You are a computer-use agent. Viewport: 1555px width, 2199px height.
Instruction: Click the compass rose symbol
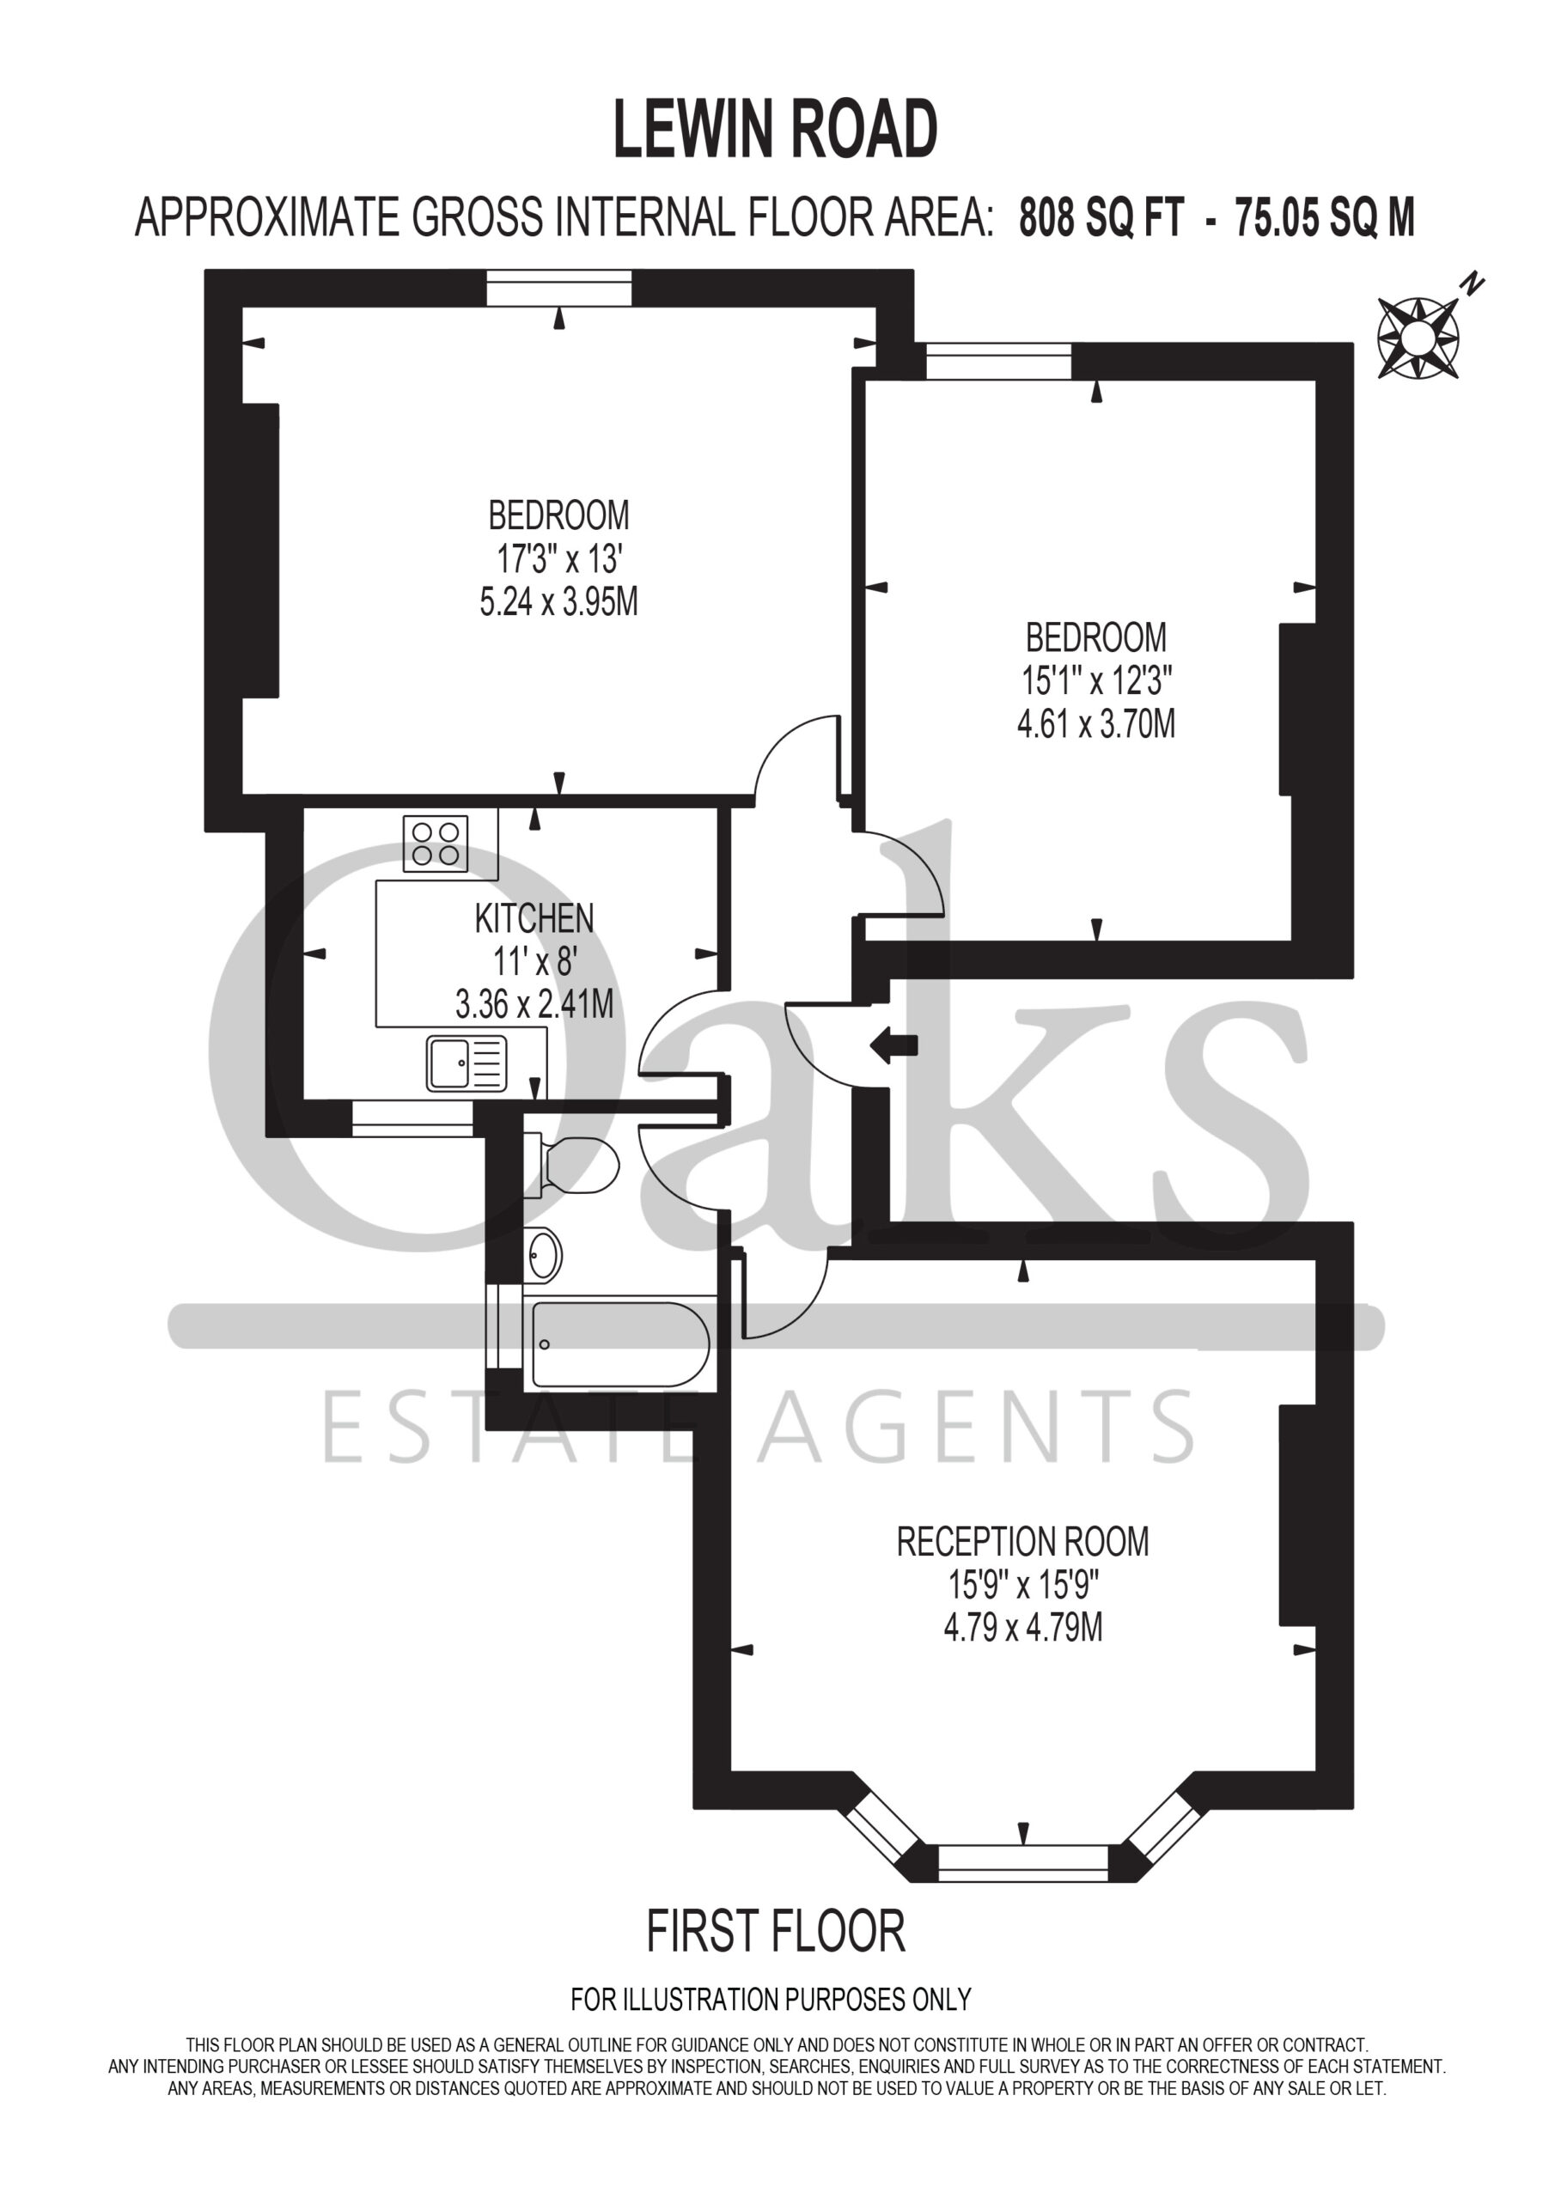(1418, 336)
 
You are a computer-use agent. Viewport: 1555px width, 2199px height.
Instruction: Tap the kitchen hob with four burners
(436, 843)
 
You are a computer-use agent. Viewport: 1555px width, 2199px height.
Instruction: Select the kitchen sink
(466, 1064)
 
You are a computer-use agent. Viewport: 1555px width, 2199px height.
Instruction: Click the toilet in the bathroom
(571, 1165)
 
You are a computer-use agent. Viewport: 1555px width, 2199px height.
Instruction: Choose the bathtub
(621, 1343)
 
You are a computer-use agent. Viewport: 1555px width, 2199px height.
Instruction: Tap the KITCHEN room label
(534, 918)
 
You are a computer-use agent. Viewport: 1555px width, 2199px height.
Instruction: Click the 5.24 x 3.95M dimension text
(558, 601)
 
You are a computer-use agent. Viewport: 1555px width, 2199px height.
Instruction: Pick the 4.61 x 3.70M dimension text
(1096, 723)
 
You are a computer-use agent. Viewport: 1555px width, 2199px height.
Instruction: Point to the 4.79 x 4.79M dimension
(1023, 1627)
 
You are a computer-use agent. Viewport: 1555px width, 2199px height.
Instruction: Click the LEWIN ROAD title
(775, 131)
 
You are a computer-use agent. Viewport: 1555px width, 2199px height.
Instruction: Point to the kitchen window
(413, 1118)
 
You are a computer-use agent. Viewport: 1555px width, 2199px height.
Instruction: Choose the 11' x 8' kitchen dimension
(534, 960)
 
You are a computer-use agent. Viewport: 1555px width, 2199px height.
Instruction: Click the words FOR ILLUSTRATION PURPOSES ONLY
(771, 1999)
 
